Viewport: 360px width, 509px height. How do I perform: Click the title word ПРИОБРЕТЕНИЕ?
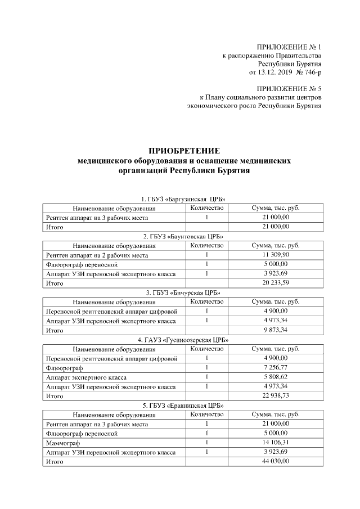click(x=184, y=151)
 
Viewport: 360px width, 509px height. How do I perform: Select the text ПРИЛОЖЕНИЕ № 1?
click(x=289, y=46)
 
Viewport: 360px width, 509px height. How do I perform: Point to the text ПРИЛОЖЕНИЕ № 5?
click(x=289, y=89)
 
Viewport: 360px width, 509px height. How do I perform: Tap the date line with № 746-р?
click(x=285, y=73)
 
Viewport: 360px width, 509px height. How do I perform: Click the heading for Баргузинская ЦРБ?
click(x=184, y=199)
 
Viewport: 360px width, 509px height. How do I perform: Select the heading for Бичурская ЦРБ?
click(x=184, y=292)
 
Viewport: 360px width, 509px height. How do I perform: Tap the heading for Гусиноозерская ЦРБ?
click(x=184, y=340)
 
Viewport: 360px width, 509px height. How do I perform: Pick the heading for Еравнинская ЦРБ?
click(x=184, y=406)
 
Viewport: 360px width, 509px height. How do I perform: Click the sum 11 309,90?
click(x=275, y=255)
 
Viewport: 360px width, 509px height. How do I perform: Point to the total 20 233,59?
click(x=275, y=283)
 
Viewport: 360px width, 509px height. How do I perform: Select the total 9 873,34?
click(x=275, y=331)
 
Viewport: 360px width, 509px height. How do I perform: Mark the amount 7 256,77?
click(x=275, y=368)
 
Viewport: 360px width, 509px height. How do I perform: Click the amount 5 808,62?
click(x=275, y=377)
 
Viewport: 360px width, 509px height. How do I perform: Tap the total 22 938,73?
click(x=275, y=396)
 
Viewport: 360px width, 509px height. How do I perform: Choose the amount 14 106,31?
click(x=275, y=443)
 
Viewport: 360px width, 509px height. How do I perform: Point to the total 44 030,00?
click(x=275, y=461)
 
